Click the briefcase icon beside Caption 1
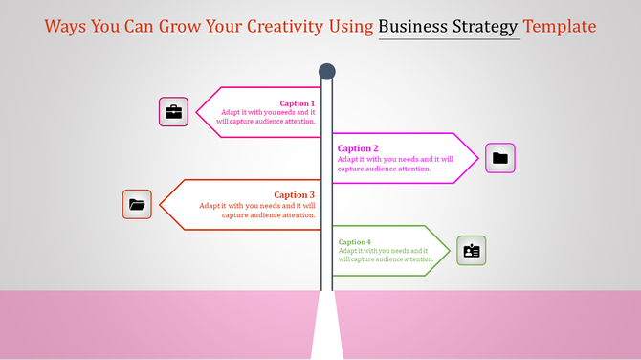(173, 112)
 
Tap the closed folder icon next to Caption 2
(499, 158)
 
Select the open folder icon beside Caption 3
(137, 204)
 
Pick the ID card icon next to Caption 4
(471, 251)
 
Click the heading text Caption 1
(297, 103)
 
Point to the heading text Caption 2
(358, 148)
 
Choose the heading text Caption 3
(294, 195)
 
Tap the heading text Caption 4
(354, 242)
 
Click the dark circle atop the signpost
(326, 71)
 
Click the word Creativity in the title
(298, 26)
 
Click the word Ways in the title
(66, 26)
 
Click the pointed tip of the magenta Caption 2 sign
(477, 158)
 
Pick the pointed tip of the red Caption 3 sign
(160, 204)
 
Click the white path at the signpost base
(326, 330)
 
